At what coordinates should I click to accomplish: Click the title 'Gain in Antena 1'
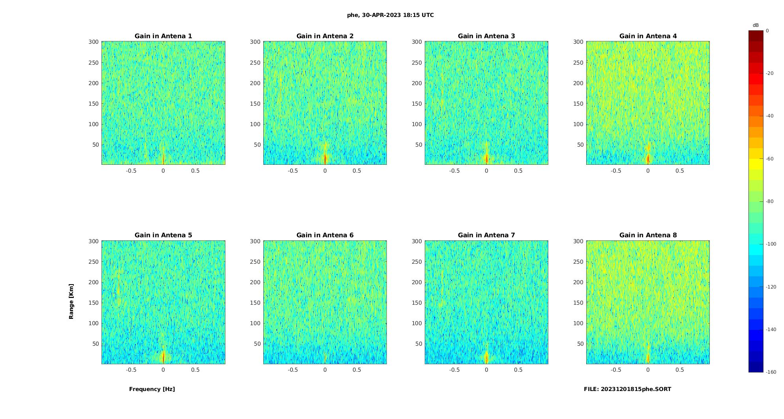pos(163,36)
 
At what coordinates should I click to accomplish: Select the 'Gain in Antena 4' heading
pos(648,36)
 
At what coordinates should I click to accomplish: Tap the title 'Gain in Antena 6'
pos(325,235)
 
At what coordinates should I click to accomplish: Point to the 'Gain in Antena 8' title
pos(648,235)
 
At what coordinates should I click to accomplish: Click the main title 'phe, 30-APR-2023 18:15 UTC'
pos(390,15)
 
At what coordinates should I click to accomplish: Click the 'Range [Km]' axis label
pos(71,302)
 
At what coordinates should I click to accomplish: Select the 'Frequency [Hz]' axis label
pos(152,389)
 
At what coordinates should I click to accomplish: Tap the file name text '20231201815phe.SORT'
pos(636,389)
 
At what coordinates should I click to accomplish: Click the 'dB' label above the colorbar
pos(756,25)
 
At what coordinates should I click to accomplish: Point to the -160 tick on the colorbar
pos(771,372)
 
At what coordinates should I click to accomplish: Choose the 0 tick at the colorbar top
pos(767,31)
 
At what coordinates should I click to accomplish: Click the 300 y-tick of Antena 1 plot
pos(93,42)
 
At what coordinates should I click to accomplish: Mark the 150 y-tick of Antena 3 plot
pos(417,104)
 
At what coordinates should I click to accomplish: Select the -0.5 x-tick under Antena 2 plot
pos(293,171)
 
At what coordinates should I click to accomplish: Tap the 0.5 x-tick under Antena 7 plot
pos(518,370)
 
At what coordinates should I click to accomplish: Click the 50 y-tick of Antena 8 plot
pos(580,344)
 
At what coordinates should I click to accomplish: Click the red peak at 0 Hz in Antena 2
pos(325,159)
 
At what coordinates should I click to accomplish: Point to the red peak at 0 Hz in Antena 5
pos(163,357)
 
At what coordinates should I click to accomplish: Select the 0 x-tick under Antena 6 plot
pos(325,370)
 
